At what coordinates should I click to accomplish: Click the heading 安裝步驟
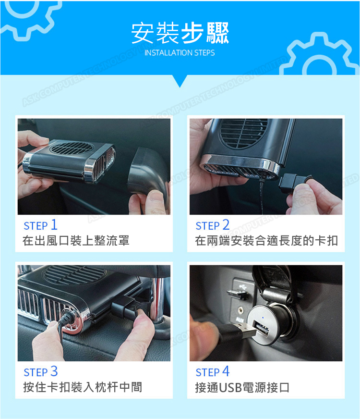180,33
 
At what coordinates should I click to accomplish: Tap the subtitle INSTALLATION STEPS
180,53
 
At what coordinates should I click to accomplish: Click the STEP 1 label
41,225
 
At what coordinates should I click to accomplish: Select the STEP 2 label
213,225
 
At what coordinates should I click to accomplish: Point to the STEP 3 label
41,371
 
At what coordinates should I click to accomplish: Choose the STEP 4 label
213,371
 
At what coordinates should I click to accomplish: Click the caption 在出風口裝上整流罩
76,241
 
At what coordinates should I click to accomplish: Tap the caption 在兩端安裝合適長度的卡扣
266,241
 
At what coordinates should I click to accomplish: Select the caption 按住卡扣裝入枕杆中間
83,387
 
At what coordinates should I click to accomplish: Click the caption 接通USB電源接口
242,387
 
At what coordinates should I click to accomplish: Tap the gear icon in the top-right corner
319,55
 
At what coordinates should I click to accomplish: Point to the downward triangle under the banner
180,81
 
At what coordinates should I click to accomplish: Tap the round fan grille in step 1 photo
71,148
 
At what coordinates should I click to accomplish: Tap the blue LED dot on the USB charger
263,318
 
